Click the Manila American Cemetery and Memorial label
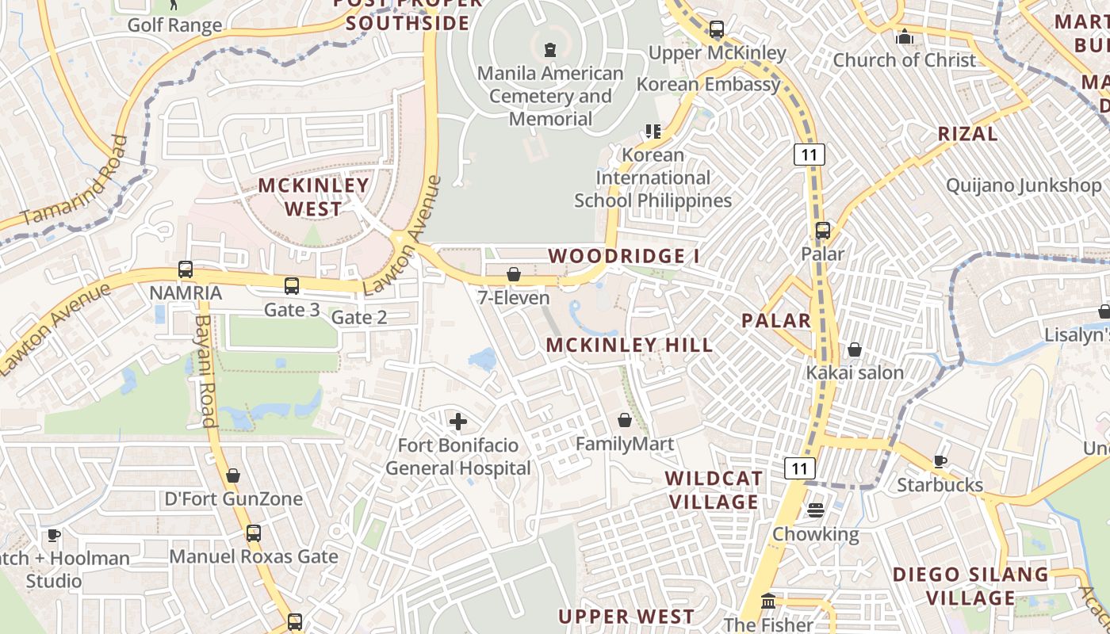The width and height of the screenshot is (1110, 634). pos(550,96)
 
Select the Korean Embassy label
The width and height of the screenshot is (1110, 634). pos(709,84)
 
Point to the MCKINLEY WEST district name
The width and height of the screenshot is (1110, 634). pos(314,197)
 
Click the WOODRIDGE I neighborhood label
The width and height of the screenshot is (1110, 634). pos(625,256)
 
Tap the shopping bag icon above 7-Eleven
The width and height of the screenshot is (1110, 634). pos(514,274)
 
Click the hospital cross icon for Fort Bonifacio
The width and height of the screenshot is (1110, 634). pos(457,422)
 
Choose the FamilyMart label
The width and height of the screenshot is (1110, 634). pos(625,444)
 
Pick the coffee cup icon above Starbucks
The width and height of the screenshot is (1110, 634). pos(940,461)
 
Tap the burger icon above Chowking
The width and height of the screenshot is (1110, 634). pos(816,510)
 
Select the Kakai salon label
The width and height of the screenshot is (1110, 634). pos(855,372)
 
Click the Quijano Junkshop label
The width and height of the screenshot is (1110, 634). pos(1024,185)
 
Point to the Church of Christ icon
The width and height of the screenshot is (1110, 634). pos(904,36)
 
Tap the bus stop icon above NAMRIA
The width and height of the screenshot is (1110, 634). pos(186,269)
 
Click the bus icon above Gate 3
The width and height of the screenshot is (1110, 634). pos(292,286)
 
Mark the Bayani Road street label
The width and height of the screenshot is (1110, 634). pos(205,371)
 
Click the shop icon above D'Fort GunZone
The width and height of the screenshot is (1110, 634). pos(233,475)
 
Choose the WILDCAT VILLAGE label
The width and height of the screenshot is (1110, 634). pos(714,490)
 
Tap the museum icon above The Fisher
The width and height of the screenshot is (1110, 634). pos(767,601)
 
